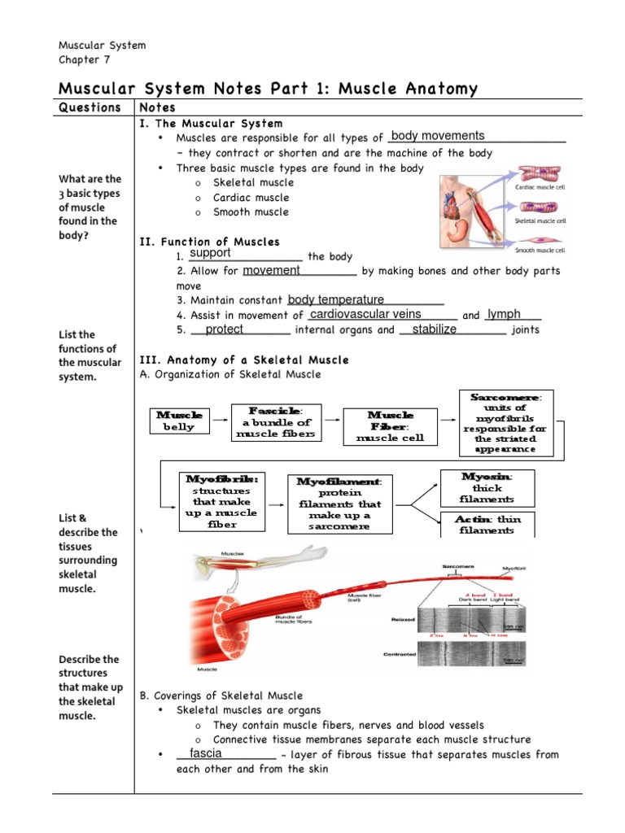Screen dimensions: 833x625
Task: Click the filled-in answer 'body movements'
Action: (438, 136)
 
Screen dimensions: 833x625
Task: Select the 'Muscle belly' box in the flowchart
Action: (179, 421)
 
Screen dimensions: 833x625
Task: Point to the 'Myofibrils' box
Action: (222, 501)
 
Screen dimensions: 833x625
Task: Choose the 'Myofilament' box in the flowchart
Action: (339, 504)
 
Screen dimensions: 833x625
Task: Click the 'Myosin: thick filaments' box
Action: (487, 486)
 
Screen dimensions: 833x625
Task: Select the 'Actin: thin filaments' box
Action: (487, 524)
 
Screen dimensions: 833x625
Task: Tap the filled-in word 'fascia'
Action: (205, 753)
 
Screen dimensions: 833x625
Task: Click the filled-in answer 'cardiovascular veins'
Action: (366, 314)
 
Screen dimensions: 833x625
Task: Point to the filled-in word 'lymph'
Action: (504, 314)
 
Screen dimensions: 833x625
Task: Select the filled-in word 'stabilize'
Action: (435, 329)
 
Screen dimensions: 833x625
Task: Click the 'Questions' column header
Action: (90, 107)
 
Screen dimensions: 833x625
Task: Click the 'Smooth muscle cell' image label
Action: (541, 250)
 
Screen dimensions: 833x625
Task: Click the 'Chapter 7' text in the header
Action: (84, 59)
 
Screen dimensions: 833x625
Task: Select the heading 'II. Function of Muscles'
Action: (210, 242)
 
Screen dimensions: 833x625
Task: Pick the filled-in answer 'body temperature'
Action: (336, 299)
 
